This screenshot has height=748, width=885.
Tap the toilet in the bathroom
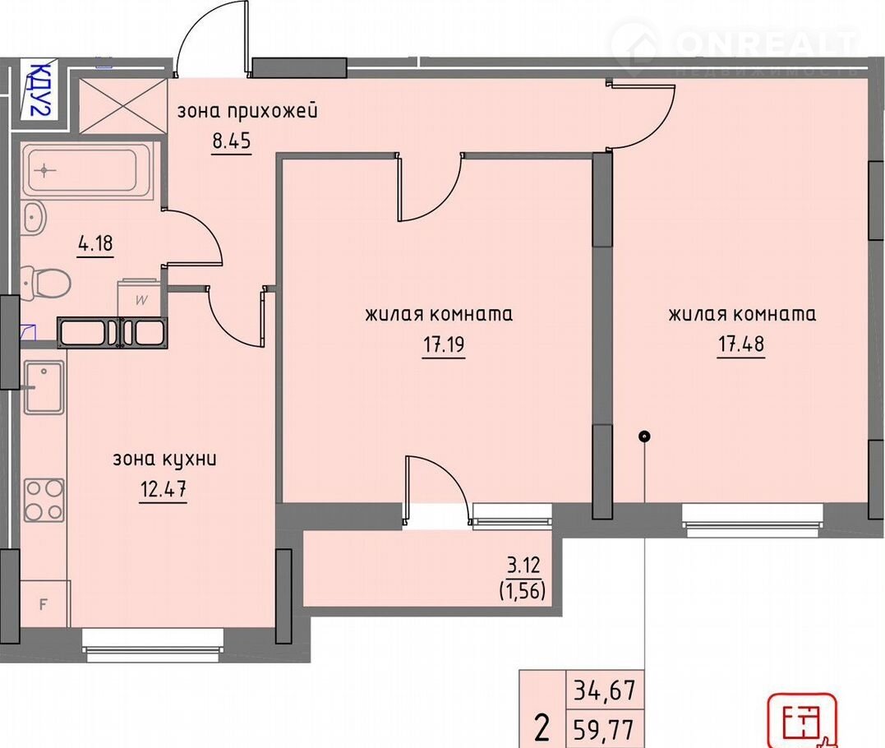[45, 282]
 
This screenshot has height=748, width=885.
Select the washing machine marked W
[140, 298]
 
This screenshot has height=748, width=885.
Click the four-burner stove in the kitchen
[44, 500]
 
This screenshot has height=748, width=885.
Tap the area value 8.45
[232, 140]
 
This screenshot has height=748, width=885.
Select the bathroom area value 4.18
[95, 245]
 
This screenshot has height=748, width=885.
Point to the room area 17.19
[444, 344]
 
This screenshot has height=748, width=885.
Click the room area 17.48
[741, 344]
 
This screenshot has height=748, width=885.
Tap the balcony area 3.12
[523, 565]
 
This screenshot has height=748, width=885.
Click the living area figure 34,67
[605, 690]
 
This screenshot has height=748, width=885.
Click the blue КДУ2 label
[39, 90]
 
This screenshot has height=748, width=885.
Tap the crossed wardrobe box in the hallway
[123, 105]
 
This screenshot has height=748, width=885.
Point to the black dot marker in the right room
[644, 436]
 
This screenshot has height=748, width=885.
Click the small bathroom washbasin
[35, 216]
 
